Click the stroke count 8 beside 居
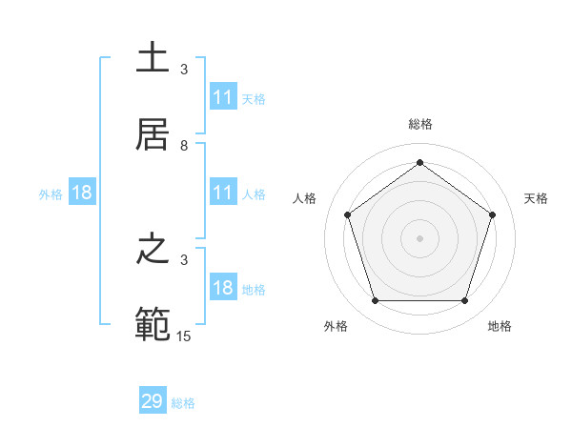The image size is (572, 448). (184, 146)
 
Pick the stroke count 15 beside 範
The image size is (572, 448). (185, 336)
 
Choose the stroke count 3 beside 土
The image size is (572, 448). (184, 70)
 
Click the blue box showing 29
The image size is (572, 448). (153, 401)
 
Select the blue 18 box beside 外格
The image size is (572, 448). (82, 193)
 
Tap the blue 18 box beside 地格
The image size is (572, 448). (223, 288)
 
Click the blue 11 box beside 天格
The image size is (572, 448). (223, 97)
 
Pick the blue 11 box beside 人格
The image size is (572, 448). (223, 193)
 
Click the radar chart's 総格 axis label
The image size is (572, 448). (419, 124)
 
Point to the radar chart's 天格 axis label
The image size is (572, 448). (536, 198)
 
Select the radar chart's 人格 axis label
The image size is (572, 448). (305, 198)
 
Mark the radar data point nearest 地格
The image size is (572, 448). (464, 301)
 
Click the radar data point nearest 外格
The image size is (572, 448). (375, 301)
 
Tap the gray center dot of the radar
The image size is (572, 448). (419, 237)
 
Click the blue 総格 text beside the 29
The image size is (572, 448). (183, 403)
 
